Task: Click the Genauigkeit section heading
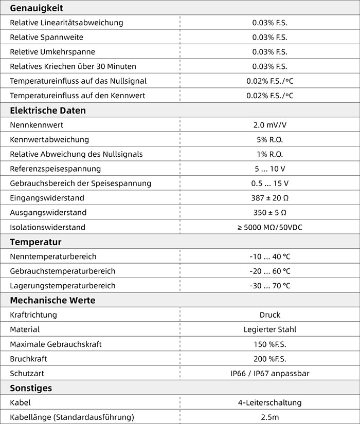coord(36,8)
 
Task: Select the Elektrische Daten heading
coord(48,110)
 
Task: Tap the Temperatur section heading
coord(35,242)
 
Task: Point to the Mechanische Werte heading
coord(52,300)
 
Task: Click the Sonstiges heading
coord(31,388)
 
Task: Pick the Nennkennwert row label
coord(37,125)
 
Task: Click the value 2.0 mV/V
coord(269,125)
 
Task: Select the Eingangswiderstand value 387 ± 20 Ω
coord(269,198)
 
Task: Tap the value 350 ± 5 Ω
coord(269,212)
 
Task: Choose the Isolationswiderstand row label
coord(47,227)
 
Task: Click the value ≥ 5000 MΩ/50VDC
coord(269,227)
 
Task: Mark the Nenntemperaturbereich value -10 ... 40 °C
coord(269,256)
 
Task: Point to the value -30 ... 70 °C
coord(269,286)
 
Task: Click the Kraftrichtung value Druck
coord(269,315)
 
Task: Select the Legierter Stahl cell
coord(269,329)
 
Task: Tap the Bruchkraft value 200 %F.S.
coord(269,359)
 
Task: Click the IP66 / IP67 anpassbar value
coord(269,374)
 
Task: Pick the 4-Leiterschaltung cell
coord(269,402)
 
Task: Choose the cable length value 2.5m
coord(269,417)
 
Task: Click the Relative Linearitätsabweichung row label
coord(66,23)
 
